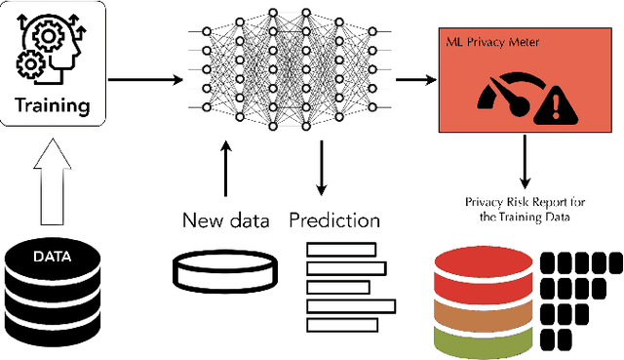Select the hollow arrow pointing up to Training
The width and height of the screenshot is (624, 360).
(53, 181)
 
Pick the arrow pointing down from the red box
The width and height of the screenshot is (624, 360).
(526, 162)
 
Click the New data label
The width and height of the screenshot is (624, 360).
(225, 220)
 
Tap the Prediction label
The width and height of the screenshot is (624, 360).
(334, 220)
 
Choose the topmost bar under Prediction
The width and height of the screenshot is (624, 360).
(341, 248)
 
